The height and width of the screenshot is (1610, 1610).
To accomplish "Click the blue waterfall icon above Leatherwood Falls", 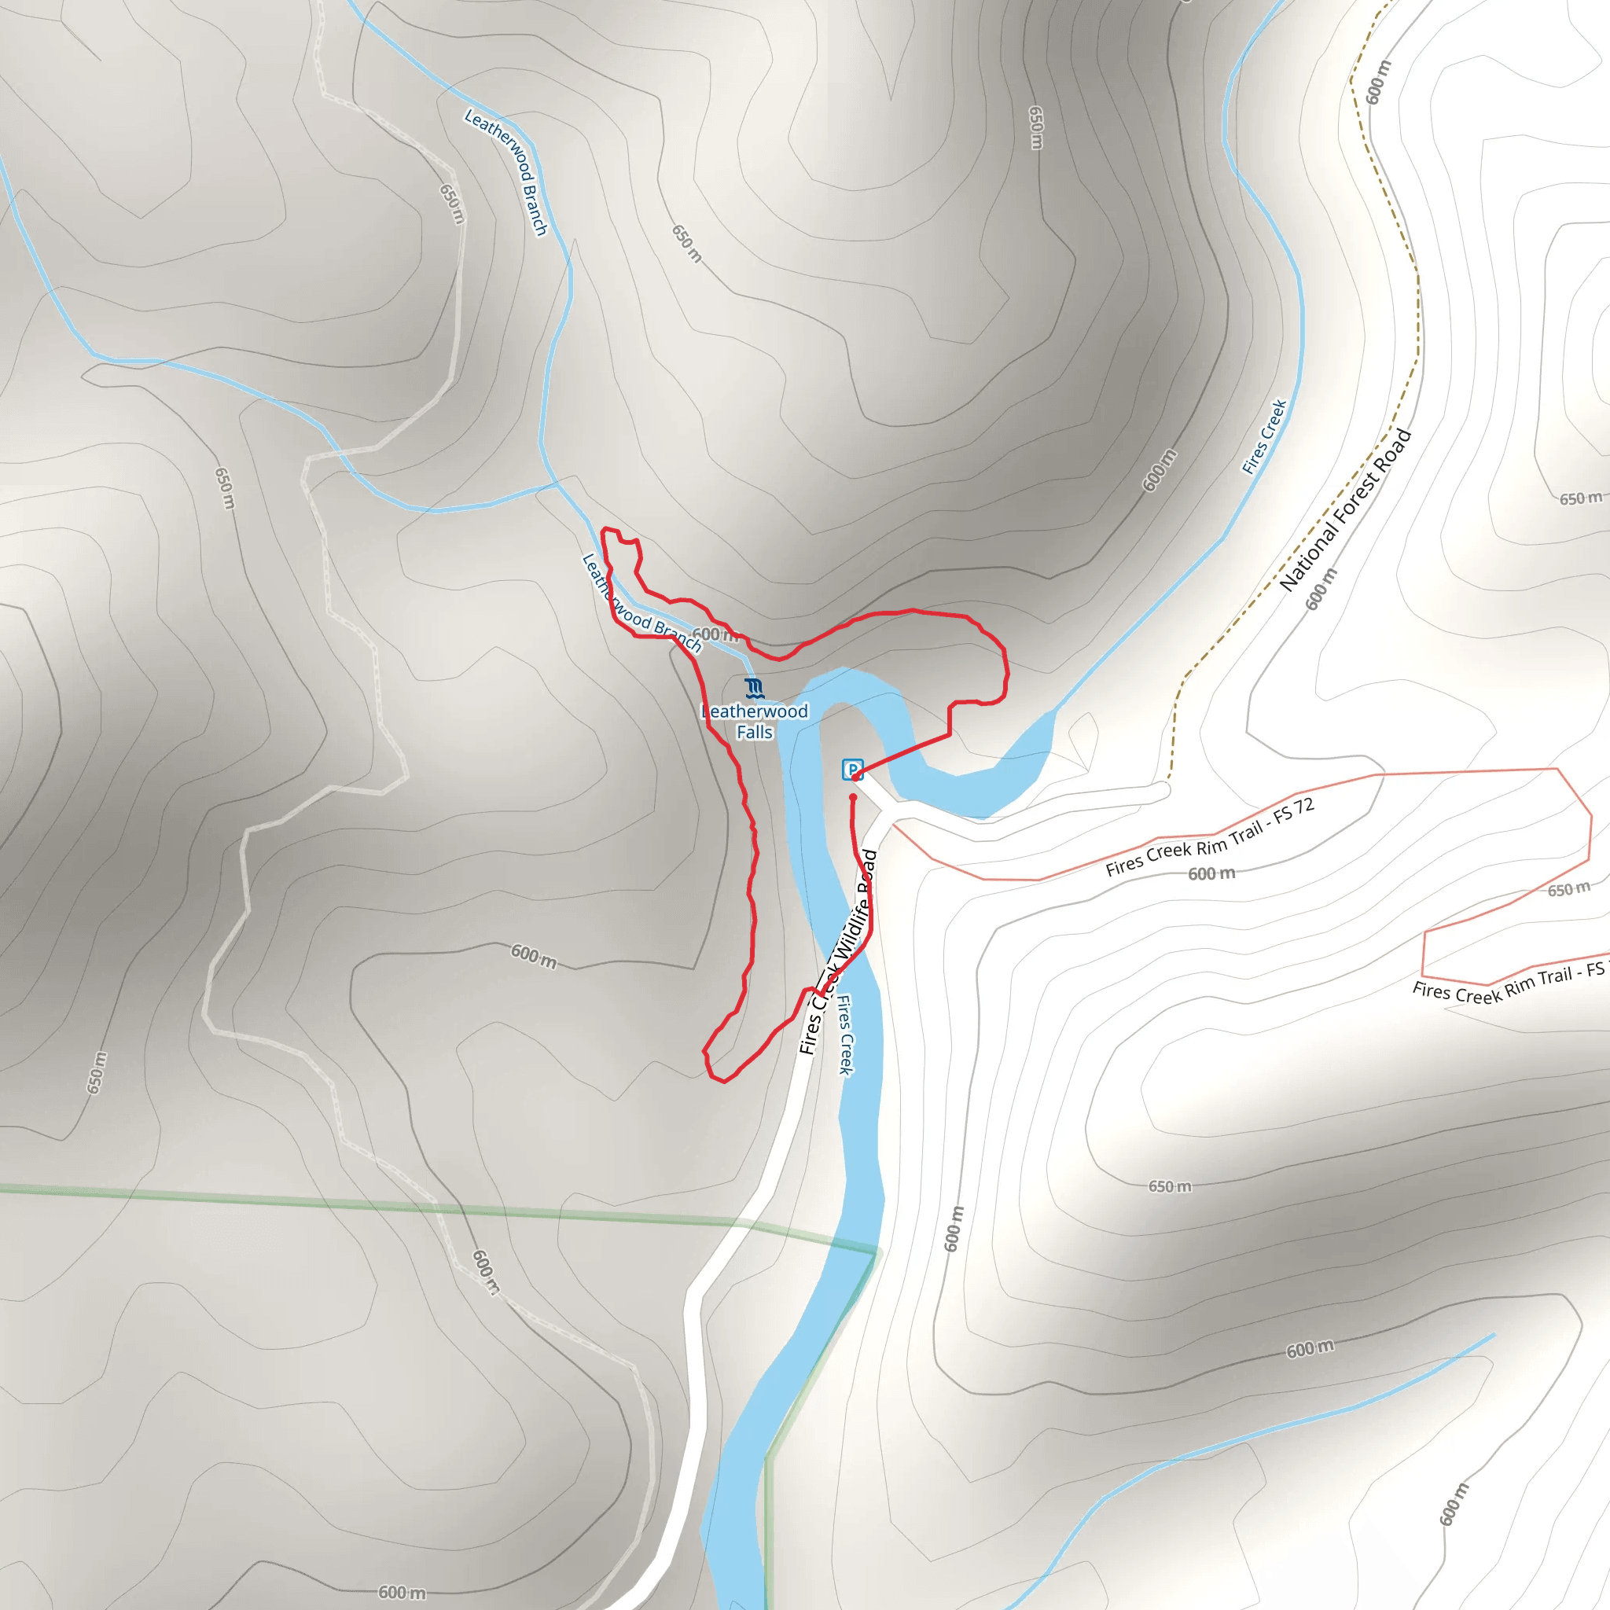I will click(x=754, y=689).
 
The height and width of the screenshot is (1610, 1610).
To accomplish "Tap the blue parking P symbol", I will click(x=851, y=769).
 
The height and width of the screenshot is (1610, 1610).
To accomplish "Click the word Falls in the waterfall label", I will click(x=754, y=733).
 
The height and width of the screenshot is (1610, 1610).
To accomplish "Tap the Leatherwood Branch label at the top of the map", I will click(x=505, y=171).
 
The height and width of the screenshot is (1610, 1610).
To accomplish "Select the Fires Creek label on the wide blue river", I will click(x=845, y=1035).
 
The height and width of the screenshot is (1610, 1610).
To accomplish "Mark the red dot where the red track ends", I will click(x=852, y=797).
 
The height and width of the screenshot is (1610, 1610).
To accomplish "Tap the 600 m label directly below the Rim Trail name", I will click(x=1211, y=873).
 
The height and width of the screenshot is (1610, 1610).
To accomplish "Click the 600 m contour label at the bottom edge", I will click(x=402, y=1593).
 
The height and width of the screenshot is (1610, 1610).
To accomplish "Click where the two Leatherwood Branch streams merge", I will click(x=557, y=483).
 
